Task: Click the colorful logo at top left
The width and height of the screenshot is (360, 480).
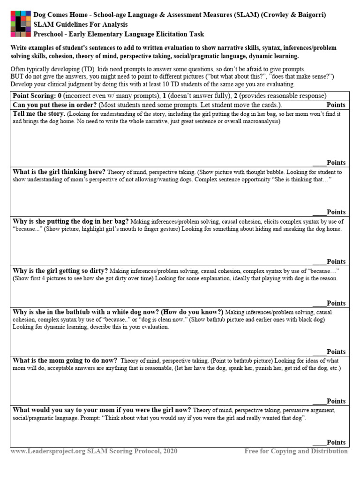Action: (x=21, y=24)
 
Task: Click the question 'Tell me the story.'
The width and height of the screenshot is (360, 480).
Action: (x=39, y=114)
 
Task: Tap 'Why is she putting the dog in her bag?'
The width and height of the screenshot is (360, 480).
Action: (x=71, y=221)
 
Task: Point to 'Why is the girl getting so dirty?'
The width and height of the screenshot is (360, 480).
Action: (x=60, y=271)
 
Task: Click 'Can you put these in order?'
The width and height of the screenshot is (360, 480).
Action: (x=55, y=105)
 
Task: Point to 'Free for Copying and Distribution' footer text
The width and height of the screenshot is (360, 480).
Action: (x=296, y=451)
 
